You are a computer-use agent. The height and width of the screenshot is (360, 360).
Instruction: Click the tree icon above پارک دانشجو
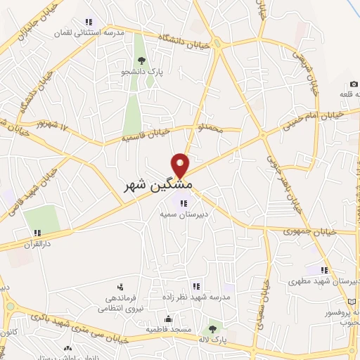click(143, 60)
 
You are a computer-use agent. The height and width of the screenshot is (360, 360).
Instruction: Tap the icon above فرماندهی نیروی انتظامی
click(120, 286)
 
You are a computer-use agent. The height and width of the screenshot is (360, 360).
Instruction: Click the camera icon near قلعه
click(354, 84)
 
